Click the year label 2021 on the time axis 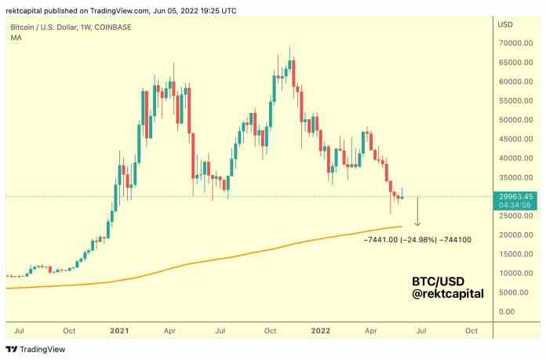pyautogui.click(x=119, y=331)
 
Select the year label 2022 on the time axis pyautogui.click(x=321, y=331)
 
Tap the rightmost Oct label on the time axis pyautogui.click(x=471, y=331)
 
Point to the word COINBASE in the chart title pyautogui.click(x=114, y=27)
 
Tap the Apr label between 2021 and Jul pyautogui.click(x=169, y=331)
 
